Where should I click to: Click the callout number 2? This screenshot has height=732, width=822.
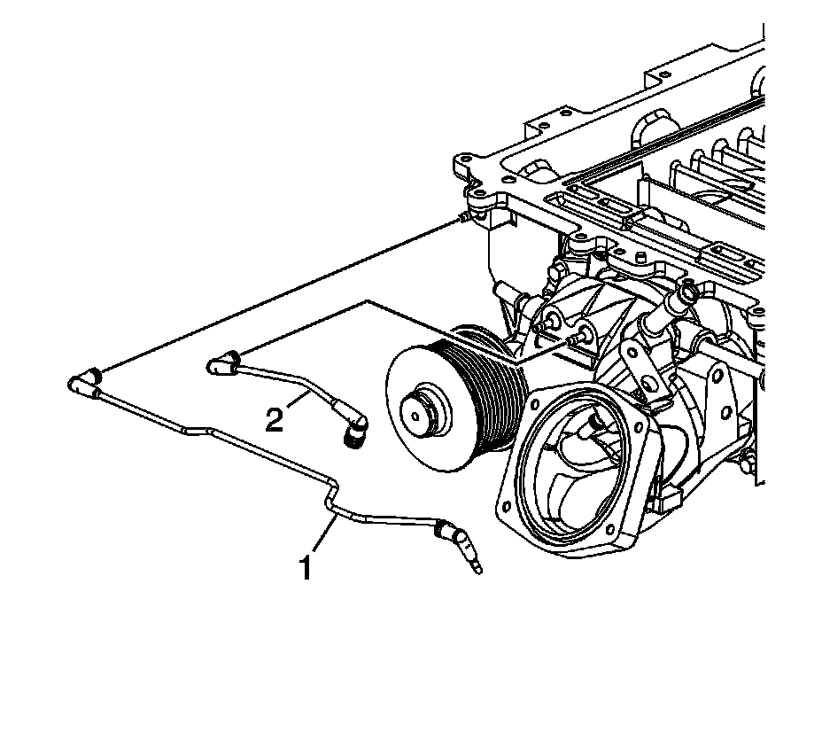tap(275, 418)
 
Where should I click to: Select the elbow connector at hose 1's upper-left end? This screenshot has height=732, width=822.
tap(81, 384)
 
